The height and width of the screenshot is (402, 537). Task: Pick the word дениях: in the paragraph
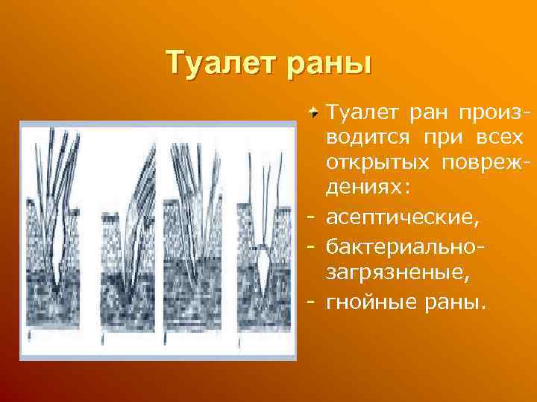pos(369,185)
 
